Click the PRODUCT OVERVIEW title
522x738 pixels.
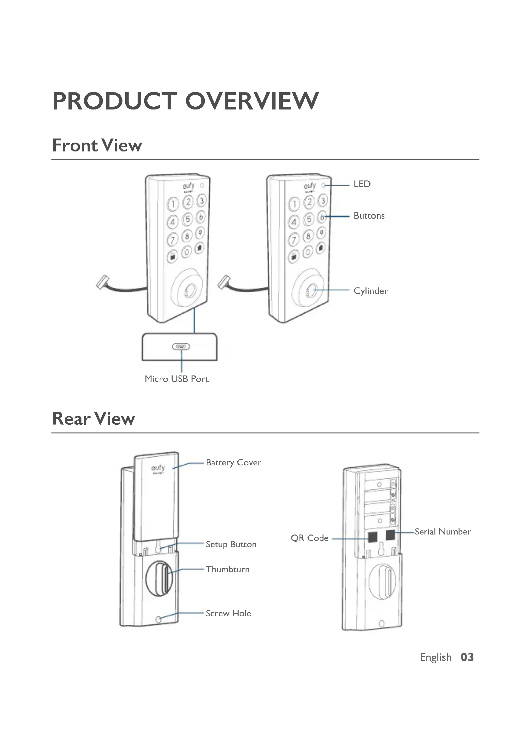coord(186,101)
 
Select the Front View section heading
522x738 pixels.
coord(97,145)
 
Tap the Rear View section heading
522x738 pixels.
coord(93,419)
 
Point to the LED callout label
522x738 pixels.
coord(362,184)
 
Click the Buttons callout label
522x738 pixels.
coord(369,216)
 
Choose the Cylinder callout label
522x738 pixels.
coord(371,291)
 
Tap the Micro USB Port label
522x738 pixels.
coord(176,379)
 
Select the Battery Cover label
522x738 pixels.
coord(233,463)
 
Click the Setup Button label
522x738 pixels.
coord(231,544)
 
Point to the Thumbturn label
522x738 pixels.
coord(228,569)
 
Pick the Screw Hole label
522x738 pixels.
coord(228,613)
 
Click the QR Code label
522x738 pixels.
coord(310,538)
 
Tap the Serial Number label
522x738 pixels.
coord(442,532)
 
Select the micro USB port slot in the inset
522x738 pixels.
coord(181,346)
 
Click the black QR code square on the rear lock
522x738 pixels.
coord(372,536)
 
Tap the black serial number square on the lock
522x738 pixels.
coord(390,535)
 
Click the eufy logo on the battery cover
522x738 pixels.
coord(158,468)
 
